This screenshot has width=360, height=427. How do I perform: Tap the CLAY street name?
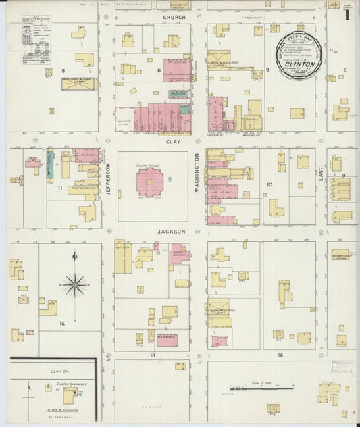(x=174, y=142)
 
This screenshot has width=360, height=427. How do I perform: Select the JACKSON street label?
(x=172, y=231)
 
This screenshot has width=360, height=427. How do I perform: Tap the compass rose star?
(x=74, y=284)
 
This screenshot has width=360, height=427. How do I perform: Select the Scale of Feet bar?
(x=261, y=388)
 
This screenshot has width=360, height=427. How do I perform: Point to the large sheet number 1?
(x=346, y=14)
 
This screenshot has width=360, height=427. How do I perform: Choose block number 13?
(x=153, y=355)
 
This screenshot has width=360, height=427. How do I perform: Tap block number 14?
(x=279, y=355)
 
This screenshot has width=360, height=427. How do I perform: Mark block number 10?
(x=269, y=184)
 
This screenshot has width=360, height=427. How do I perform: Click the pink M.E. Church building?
(x=167, y=338)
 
